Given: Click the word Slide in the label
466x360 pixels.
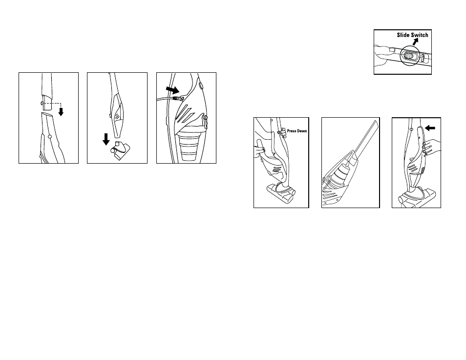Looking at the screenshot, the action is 403,35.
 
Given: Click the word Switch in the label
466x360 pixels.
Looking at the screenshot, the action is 419,35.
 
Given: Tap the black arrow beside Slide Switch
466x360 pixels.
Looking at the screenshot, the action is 416,42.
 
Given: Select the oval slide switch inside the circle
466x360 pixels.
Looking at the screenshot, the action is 408,56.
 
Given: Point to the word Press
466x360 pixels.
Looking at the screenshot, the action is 292,131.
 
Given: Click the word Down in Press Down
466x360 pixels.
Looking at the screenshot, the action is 302,131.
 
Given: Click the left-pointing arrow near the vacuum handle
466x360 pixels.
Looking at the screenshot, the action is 430,128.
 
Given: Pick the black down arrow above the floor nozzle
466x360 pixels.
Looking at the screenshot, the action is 106,139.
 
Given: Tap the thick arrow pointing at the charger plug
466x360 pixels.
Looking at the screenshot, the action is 172,89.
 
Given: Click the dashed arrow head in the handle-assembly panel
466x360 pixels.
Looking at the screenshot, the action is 61,112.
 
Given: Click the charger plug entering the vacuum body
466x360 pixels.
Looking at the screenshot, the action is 176,98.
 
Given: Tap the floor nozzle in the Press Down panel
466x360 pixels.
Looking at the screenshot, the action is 281,193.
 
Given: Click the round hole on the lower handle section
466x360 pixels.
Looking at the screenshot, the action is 50,136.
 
